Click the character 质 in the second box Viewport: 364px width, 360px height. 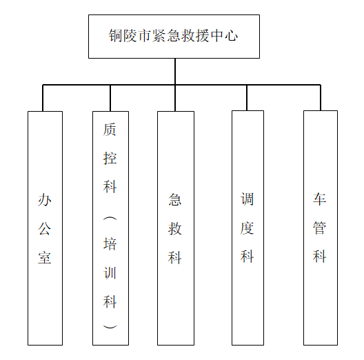click(x=110, y=130)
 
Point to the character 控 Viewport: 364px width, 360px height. click(x=110, y=158)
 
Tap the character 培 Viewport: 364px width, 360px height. click(x=110, y=244)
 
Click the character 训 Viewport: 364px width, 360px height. click(x=110, y=273)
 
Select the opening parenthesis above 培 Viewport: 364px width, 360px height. click(x=110, y=219)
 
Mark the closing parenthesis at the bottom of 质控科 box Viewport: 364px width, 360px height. click(x=110, y=327)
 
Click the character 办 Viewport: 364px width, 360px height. click(x=45, y=200)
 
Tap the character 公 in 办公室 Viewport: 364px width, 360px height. click(x=45, y=228)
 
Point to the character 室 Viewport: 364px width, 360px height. click(x=45, y=257)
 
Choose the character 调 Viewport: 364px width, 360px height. click(x=247, y=199)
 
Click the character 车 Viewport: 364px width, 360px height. click(x=319, y=199)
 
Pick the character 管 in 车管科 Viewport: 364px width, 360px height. click(x=319, y=228)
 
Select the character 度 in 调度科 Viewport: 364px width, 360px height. click(x=247, y=228)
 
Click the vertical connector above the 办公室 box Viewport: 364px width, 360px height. click(x=43, y=98)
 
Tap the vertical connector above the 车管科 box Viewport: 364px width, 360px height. click(x=321, y=97)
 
